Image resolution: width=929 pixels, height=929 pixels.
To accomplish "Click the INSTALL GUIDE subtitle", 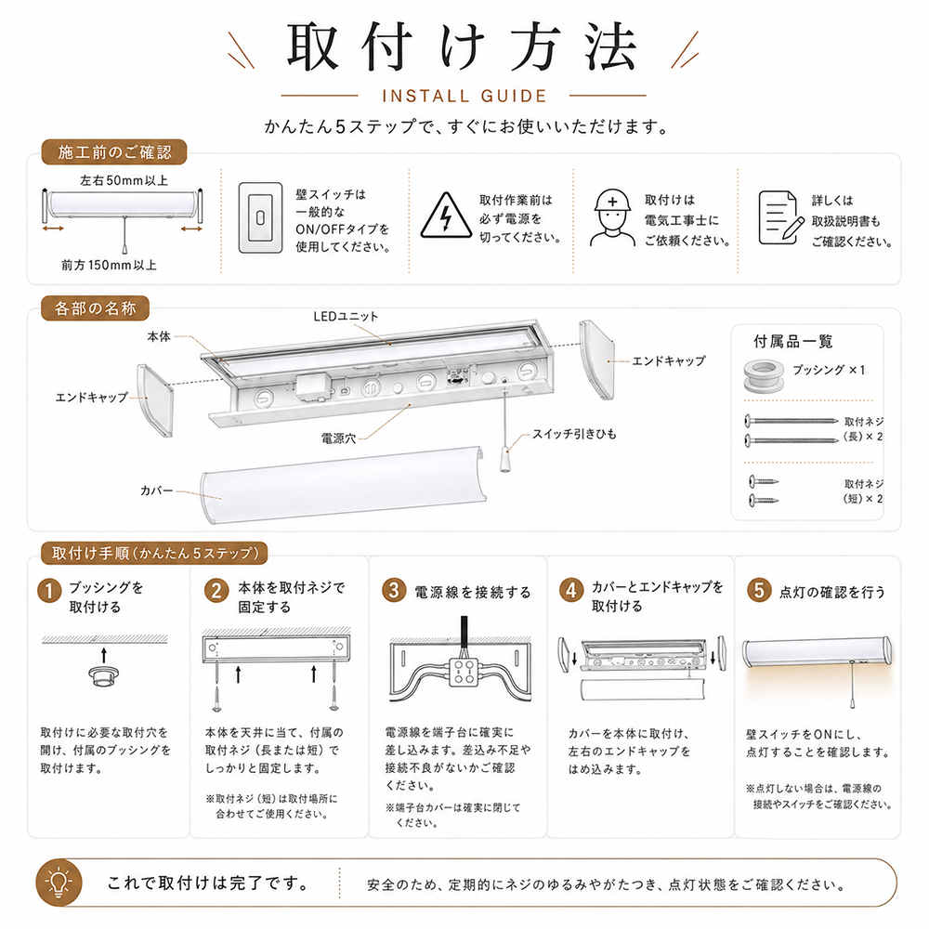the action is pos(464,96).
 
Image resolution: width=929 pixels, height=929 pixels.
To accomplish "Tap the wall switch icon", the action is pos(260,217).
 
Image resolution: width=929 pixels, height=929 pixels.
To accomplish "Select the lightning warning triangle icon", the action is pos(446,216).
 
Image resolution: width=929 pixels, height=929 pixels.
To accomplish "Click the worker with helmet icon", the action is pos(612,217).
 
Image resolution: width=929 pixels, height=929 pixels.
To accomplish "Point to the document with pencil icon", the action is pos(781,217).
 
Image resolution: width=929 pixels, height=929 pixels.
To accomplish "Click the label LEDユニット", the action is pos(346,317).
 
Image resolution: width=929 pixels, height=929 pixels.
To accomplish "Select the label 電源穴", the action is pos(338,438).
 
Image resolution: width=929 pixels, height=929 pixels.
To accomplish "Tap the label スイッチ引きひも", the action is pos(574,434).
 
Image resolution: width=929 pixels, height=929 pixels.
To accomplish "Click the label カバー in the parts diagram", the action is pos(156,491).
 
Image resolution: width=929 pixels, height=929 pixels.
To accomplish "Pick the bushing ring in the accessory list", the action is pos(764,374).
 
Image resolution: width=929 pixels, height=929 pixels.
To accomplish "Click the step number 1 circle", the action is pos(50,591).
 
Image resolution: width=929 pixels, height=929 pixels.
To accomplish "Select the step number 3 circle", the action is pos(394,591).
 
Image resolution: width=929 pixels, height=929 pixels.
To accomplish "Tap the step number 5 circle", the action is pos(759,591).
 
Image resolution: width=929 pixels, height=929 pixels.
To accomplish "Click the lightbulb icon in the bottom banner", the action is pos(59,883).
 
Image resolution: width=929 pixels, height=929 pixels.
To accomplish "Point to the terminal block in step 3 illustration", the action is pos(464,672).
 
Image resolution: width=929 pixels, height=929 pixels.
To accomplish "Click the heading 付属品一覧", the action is pos(793,341).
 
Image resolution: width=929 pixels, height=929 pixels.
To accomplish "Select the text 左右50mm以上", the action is pos(124,180).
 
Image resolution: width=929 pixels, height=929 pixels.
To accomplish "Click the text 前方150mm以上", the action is pos(109,265).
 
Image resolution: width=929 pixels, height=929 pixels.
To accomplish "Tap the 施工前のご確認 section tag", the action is pos(114,152).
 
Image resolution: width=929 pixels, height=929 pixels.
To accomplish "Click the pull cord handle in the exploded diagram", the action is pos(504,460).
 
